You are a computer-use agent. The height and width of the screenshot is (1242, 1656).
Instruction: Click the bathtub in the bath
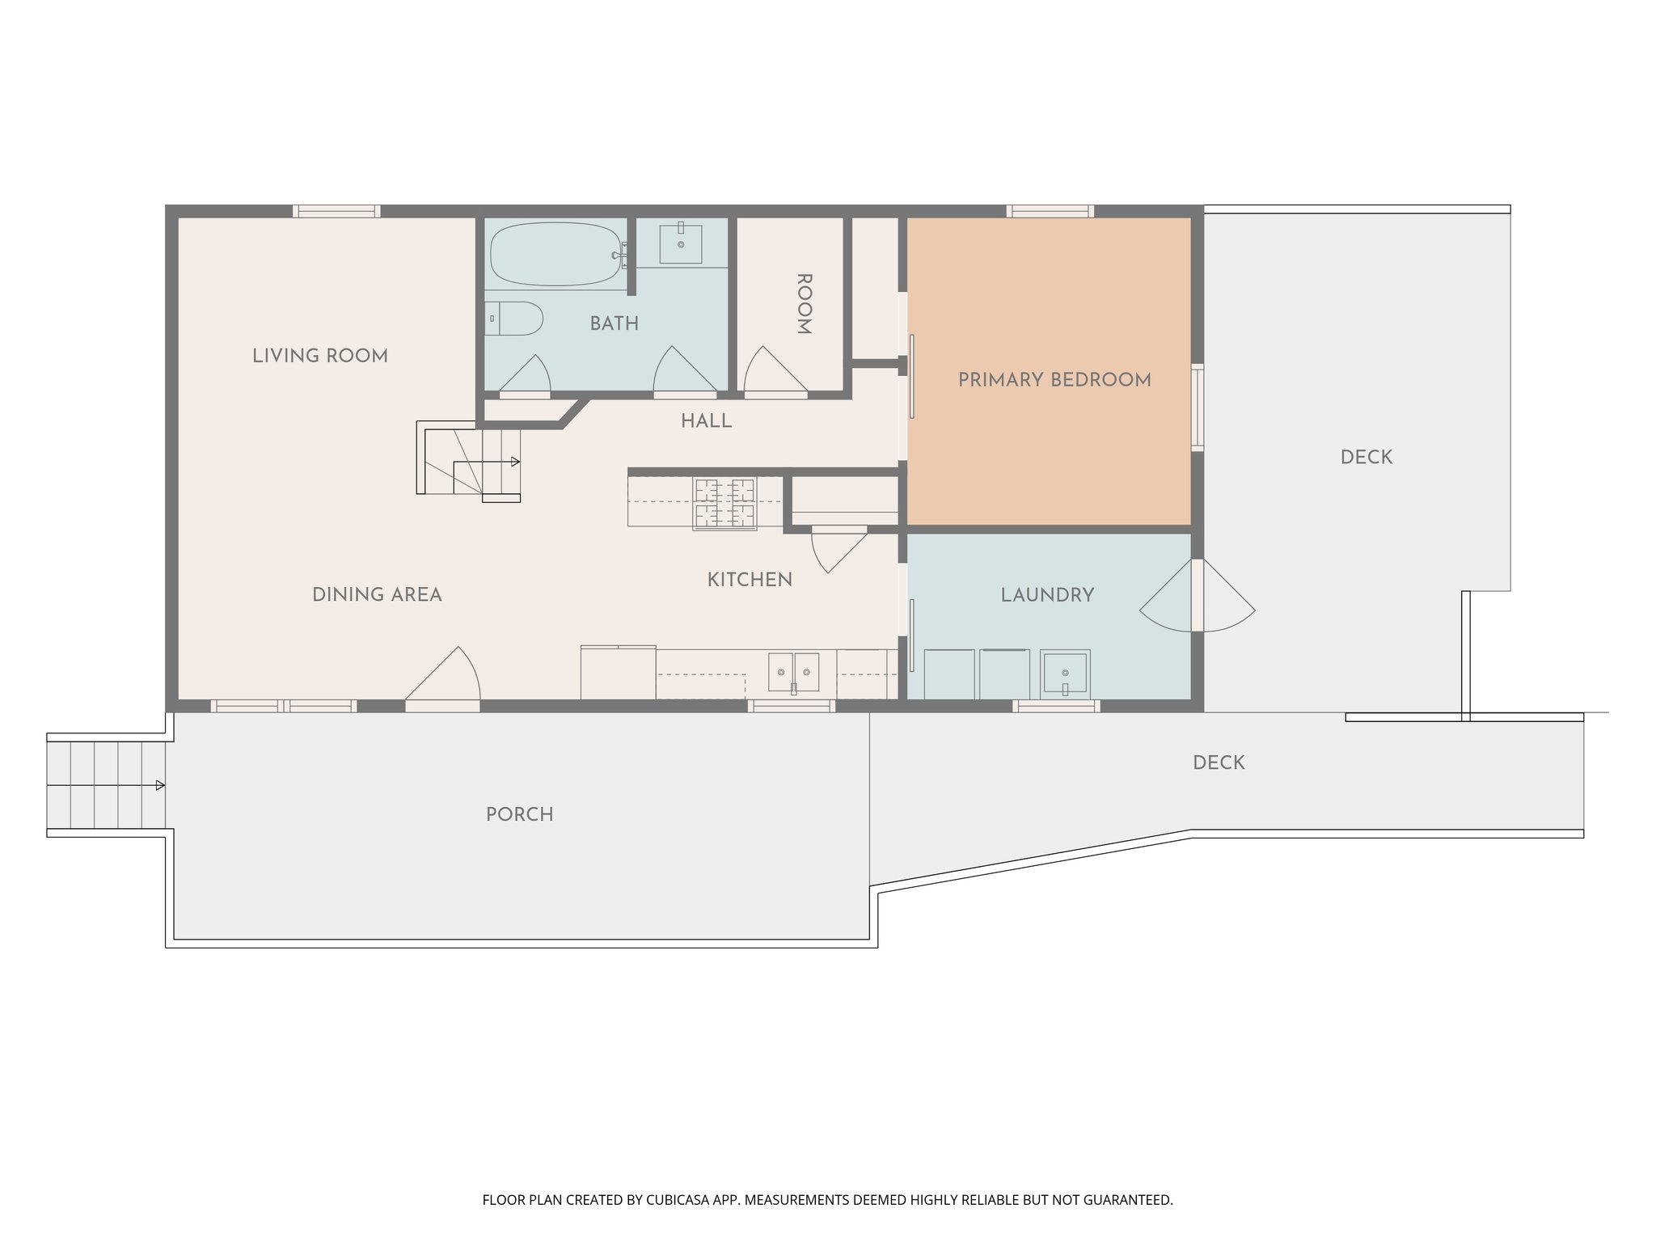(556, 254)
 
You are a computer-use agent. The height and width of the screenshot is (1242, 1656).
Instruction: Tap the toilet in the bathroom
(514, 319)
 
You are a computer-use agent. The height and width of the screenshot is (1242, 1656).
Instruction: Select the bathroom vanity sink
(681, 244)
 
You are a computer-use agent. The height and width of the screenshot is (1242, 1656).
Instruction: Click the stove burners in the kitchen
(724, 503)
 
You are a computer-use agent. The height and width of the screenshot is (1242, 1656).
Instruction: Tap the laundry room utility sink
(1065, 672)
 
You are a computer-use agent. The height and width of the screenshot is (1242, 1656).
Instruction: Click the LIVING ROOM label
(320, 356)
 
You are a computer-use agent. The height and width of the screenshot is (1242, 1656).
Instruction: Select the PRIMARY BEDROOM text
(1054, 380)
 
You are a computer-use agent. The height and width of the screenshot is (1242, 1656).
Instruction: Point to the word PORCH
(519, 814)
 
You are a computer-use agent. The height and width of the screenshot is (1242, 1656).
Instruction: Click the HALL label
(706, 421)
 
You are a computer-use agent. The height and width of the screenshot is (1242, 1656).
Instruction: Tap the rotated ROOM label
(804, 304)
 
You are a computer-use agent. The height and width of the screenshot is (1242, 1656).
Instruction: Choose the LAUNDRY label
(1047, 595)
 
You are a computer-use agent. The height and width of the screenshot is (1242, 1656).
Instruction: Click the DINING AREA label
(377, 595)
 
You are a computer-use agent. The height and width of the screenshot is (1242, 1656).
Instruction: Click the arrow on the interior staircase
(515, 462)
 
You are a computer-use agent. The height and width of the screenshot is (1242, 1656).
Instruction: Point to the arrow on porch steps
(160, 785)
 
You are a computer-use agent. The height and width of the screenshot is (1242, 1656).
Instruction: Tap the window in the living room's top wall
(336, 211)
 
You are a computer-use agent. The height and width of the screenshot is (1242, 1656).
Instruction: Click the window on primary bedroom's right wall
(1198, 407)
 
